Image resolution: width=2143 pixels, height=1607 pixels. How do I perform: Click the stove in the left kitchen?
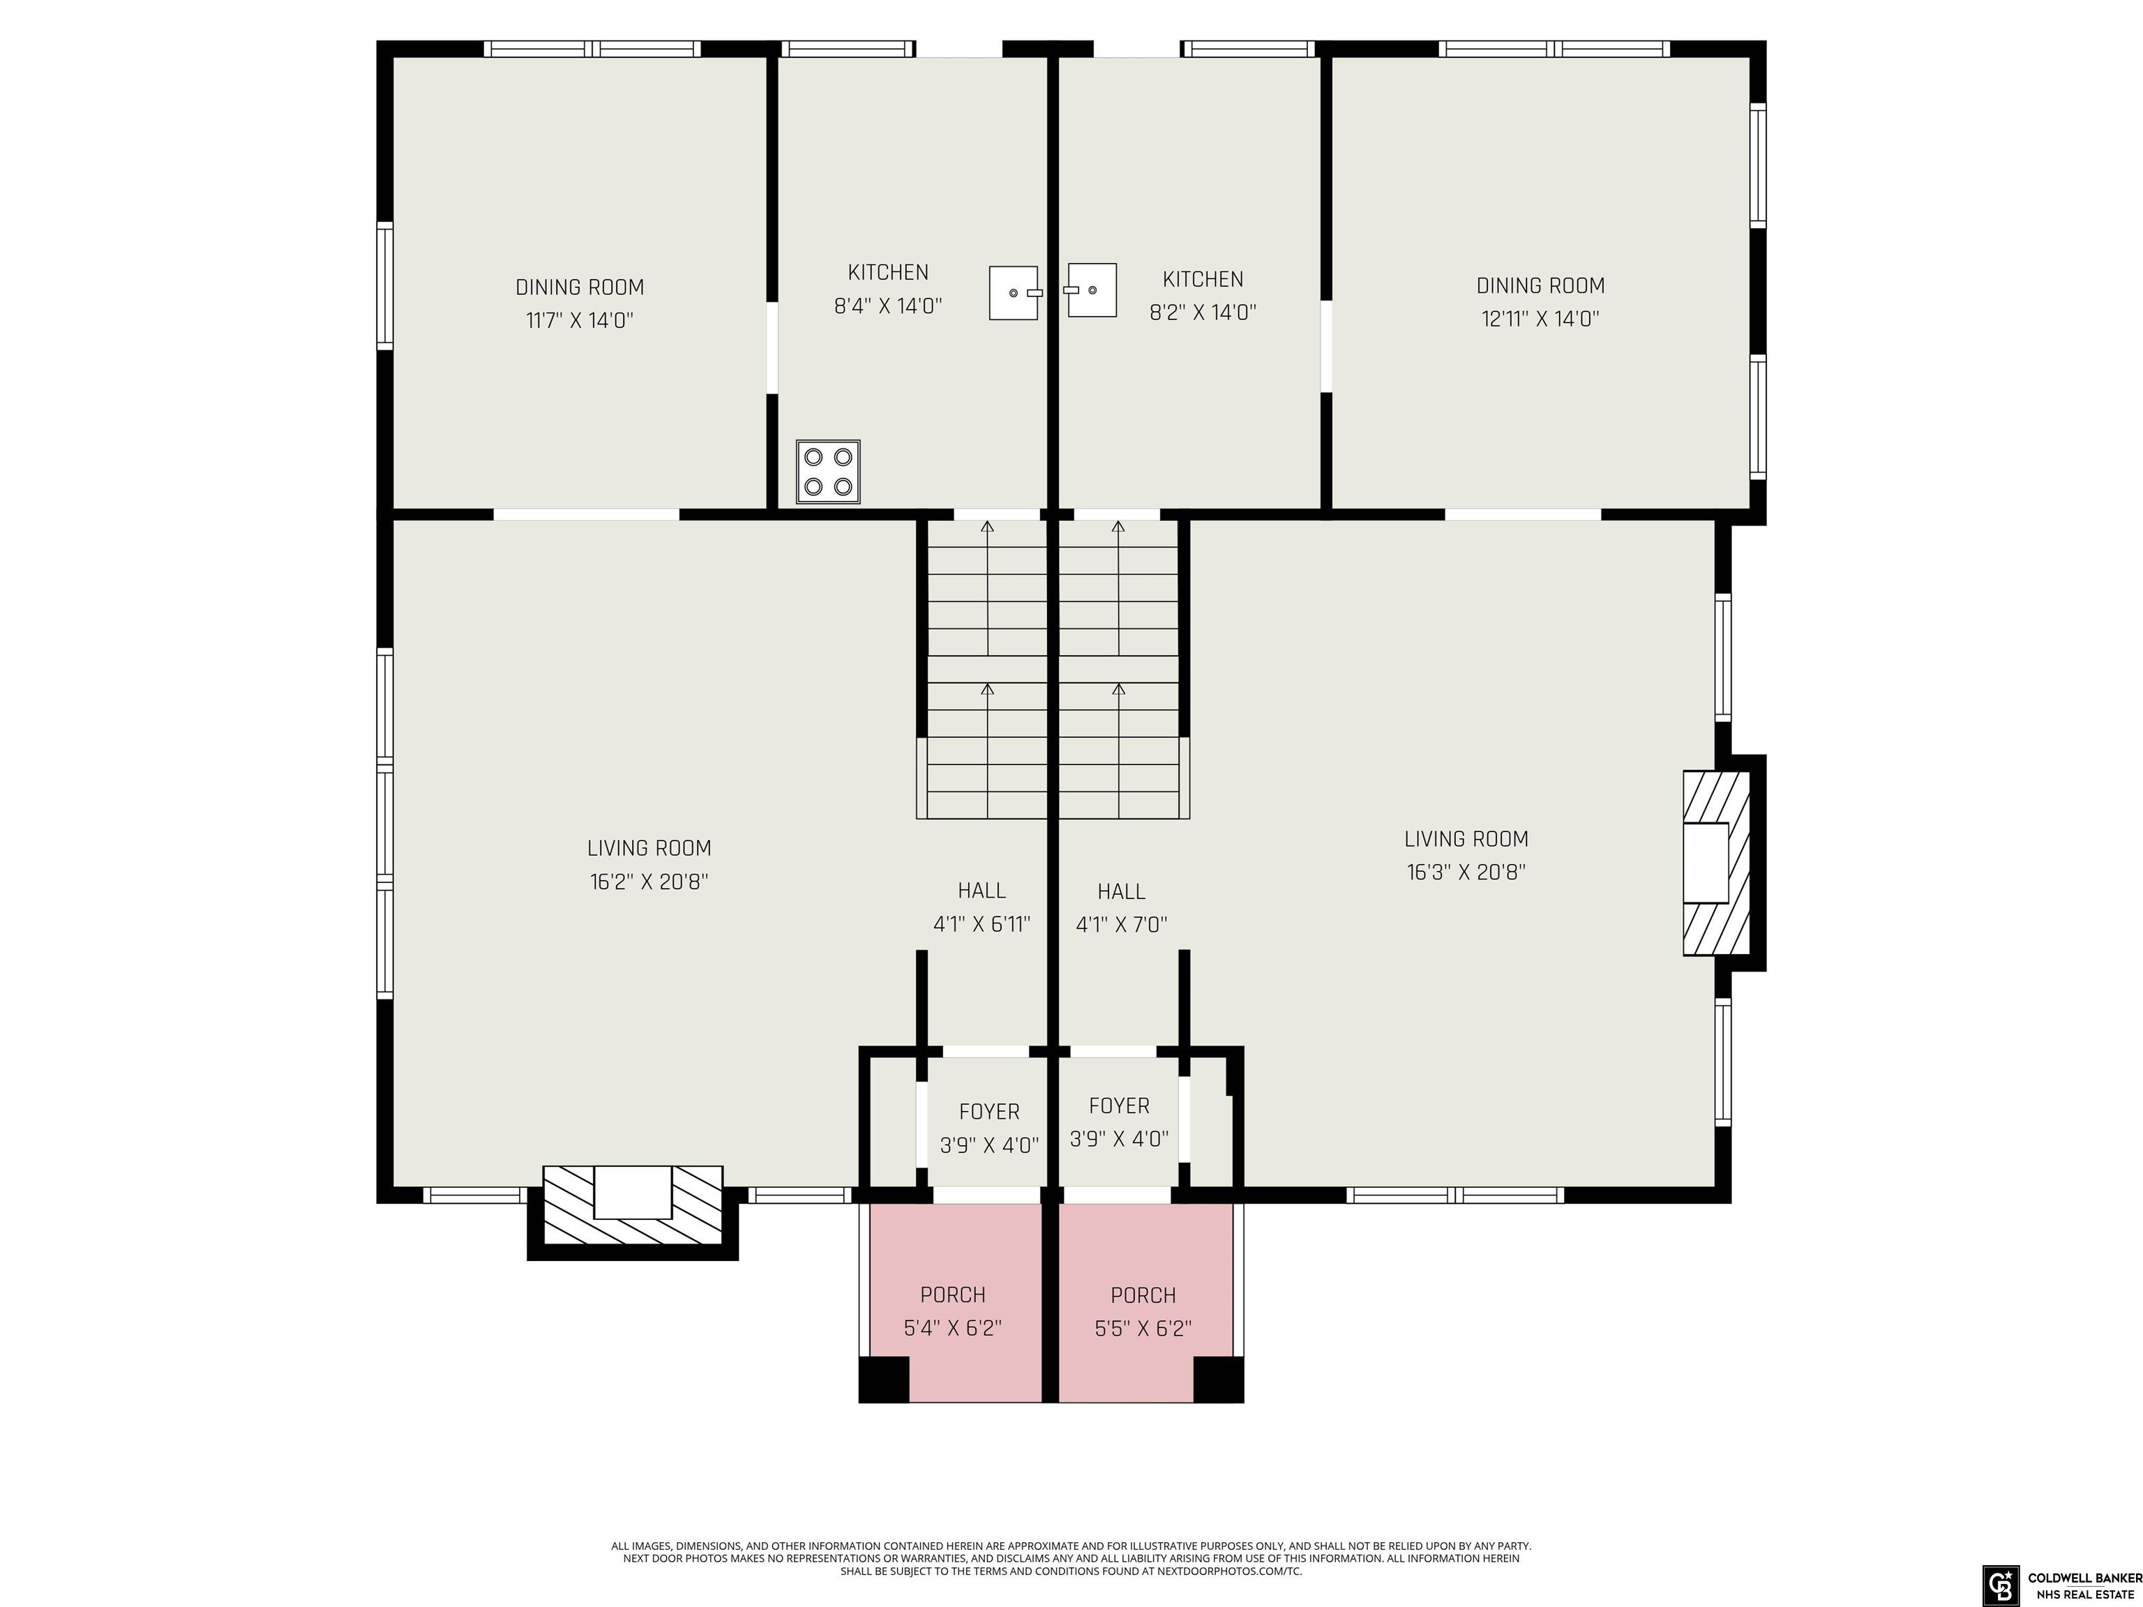tap(828, 471)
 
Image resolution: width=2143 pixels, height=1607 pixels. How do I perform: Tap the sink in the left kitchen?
tap(1014, 292)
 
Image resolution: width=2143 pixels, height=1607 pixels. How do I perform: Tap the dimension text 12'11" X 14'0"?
tap(1540, 319)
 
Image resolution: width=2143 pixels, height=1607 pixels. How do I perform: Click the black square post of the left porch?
tap(884, 1380)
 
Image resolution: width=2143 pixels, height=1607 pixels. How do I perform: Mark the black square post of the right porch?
tap(1218, 1380)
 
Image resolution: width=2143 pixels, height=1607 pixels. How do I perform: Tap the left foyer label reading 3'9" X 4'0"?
tap(989, 1146)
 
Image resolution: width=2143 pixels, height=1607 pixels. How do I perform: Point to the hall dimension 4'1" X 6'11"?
tap(982, 925)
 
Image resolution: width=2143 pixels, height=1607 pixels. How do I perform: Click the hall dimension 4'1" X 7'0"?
tap(1121, 925)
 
